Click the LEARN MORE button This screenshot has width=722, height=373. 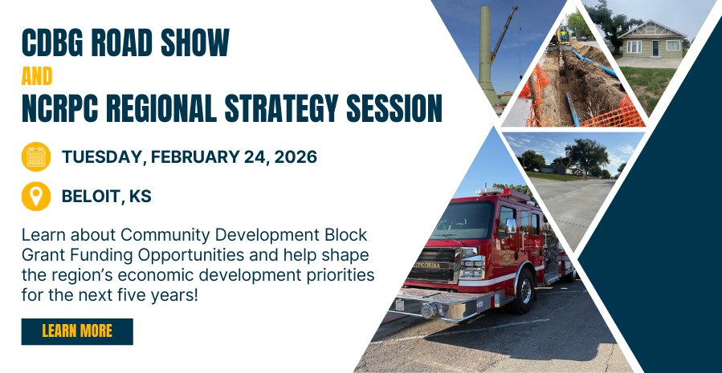coord(77,331)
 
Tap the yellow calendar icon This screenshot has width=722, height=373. coord(36,156)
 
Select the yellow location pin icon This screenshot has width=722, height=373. coord(36,197)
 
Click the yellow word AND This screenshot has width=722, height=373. coord(37,76)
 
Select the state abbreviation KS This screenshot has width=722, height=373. coord(140,197)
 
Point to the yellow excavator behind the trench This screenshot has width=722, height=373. coord(563,34)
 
